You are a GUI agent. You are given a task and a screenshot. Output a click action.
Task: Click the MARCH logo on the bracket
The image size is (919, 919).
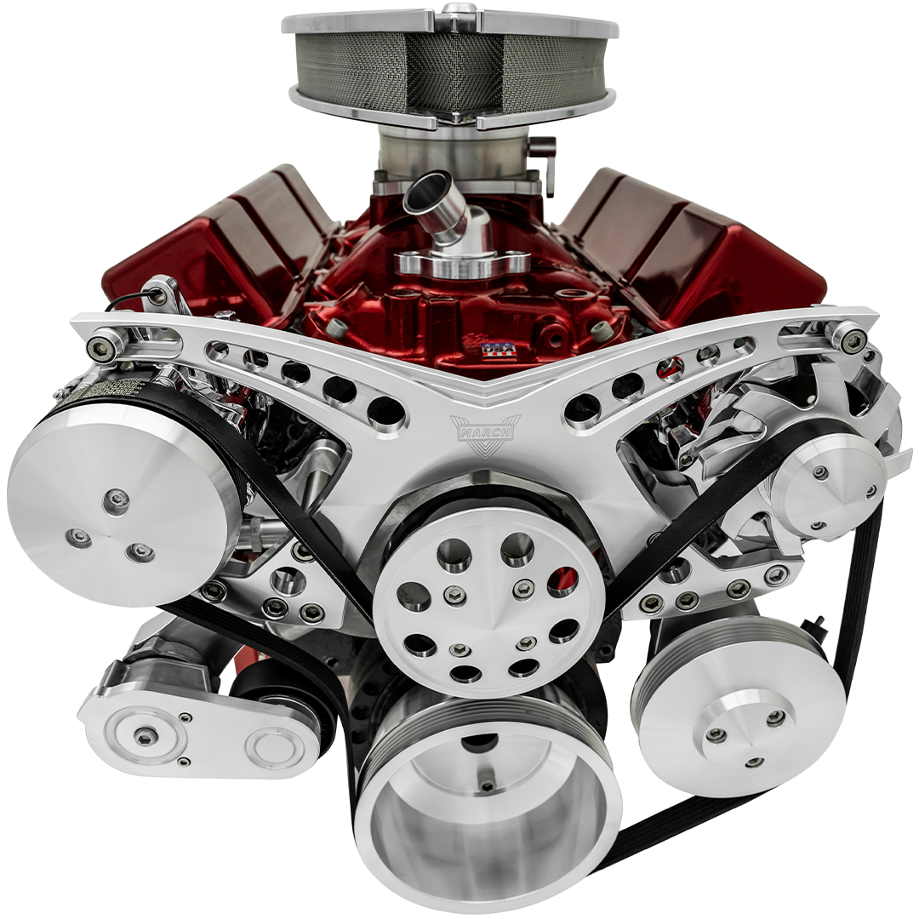(484, 430)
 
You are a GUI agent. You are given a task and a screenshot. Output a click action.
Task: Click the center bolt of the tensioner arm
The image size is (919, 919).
(146, 736)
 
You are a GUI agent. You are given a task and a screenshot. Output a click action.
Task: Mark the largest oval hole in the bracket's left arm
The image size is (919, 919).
(385, 411)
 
